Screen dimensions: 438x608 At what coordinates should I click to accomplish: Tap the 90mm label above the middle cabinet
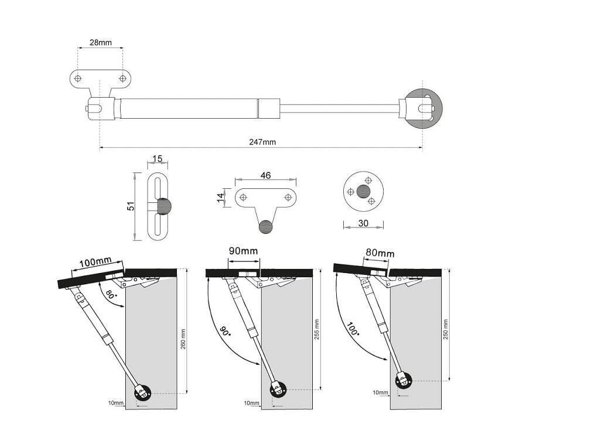pos(243,251)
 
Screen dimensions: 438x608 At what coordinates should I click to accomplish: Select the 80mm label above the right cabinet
pos(380,253)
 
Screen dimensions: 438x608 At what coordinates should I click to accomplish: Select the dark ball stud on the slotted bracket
pos(165,206)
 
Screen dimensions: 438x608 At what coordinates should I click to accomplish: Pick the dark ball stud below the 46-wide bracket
pos(265,226)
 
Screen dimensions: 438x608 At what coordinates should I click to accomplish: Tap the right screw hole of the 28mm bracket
pos(122,78)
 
